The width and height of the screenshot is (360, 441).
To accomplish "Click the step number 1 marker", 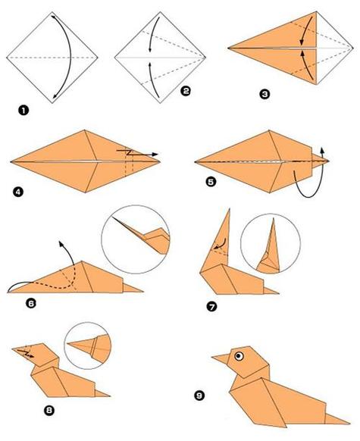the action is (x=23, y=110).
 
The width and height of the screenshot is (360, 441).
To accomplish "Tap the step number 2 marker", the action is (x=186, y=91).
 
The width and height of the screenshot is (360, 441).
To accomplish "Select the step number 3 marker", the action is (x=265, y=94).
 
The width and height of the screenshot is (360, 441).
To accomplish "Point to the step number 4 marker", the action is (x=17, y=192).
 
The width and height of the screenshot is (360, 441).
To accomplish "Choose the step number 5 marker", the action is (x=211, y=182).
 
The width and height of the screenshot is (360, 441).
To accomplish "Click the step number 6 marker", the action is (x=31, y=303).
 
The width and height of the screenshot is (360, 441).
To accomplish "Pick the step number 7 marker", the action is (x=211, y=306).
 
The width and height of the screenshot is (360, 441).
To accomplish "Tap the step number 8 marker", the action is (x=49, y=411).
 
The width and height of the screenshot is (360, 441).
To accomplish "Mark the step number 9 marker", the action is (x=199, y=396).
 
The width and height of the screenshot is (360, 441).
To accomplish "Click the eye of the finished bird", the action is (x=239, y=356).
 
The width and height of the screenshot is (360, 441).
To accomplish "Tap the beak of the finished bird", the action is (x=221, y=358).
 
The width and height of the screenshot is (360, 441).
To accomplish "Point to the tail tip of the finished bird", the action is (x=349, y=423).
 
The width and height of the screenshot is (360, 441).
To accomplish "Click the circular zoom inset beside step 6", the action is (x=136, y=239).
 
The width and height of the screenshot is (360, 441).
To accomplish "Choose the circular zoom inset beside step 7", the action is (x=271, y=243).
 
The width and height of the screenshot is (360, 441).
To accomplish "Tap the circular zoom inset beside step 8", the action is (x=88, y=346).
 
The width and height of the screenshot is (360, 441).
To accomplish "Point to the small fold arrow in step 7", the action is (x=221, y=244).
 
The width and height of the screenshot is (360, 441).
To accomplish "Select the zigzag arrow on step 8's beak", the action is (x=26, y=354).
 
